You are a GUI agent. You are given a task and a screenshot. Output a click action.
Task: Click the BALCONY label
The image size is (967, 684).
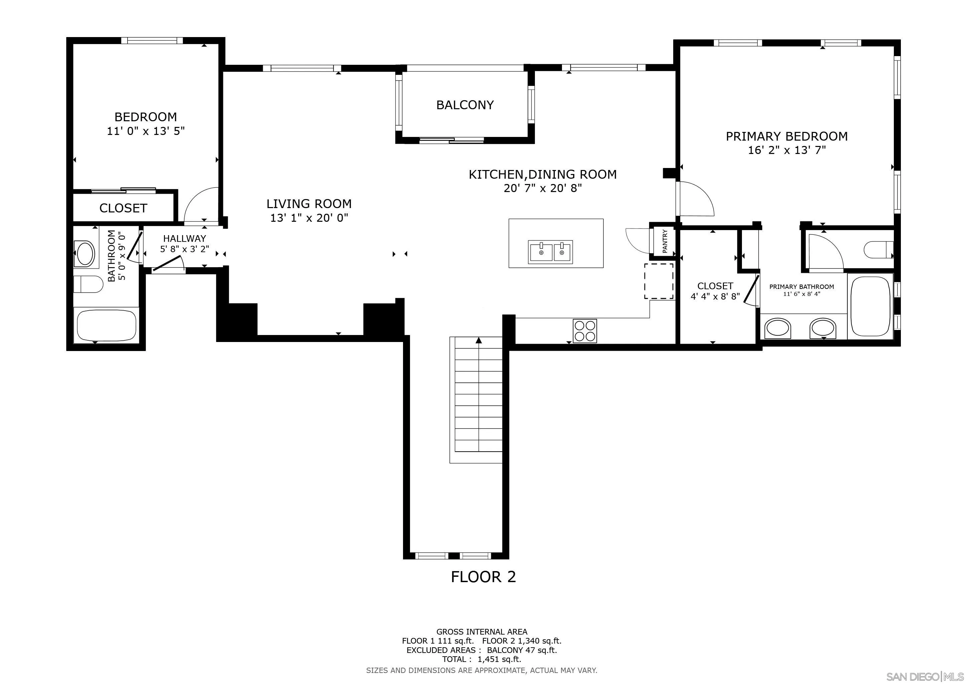point(465,105)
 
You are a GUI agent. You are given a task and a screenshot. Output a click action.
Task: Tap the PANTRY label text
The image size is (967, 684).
point(665,241)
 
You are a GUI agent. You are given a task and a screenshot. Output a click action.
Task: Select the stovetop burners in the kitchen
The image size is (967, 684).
point(585,331)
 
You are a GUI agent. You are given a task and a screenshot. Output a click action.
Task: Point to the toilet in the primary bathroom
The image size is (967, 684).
point(879,250)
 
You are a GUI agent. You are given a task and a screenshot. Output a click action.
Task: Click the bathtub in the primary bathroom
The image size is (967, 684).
point(870,306)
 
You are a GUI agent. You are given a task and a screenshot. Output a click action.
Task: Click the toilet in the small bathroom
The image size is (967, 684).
point(88,284)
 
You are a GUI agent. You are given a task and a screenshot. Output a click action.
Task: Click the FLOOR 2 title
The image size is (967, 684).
point(483,576)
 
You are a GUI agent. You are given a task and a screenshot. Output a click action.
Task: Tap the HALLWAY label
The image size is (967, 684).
point(184,238)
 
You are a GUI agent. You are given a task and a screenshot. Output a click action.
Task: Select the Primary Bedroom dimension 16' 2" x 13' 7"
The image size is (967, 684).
point(787,150)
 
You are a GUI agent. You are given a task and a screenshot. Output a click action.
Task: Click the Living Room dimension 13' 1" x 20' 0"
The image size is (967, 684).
point(309,218)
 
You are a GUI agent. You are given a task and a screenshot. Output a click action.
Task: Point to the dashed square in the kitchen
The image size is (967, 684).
point(659,281)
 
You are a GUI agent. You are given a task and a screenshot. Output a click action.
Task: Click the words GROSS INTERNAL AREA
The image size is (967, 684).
point(482,632)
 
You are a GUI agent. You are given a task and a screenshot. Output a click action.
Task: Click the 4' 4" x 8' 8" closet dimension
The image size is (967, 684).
point(715,297)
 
